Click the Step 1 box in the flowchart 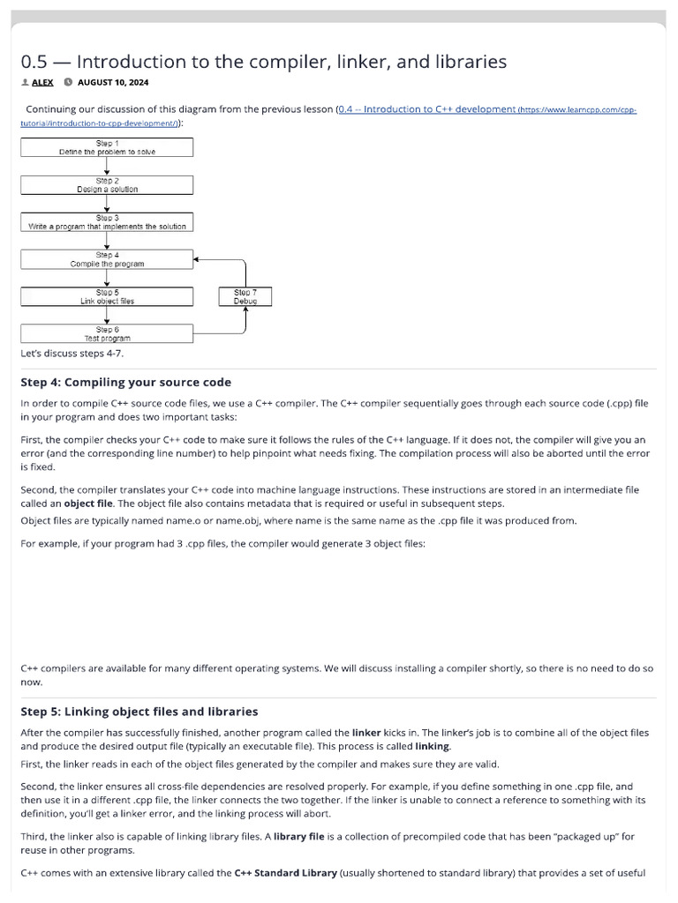point(106,147)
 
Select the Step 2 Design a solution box point(106,184)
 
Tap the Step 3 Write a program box point(106,221)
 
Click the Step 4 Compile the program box point(106,258)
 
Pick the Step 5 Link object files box point(106,296)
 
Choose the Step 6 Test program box point(106,333)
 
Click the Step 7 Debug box point(245,296)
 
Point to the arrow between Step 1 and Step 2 point(106,166)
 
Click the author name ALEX point(42,83)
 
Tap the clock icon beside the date point(68,83)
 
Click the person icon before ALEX point(25,83)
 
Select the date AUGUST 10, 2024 point(113,83)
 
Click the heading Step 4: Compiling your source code point(125,382)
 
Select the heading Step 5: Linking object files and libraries point(139,711)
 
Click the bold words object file point(90,504)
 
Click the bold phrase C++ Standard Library point(285,873)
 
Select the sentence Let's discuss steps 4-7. point(72,354)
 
